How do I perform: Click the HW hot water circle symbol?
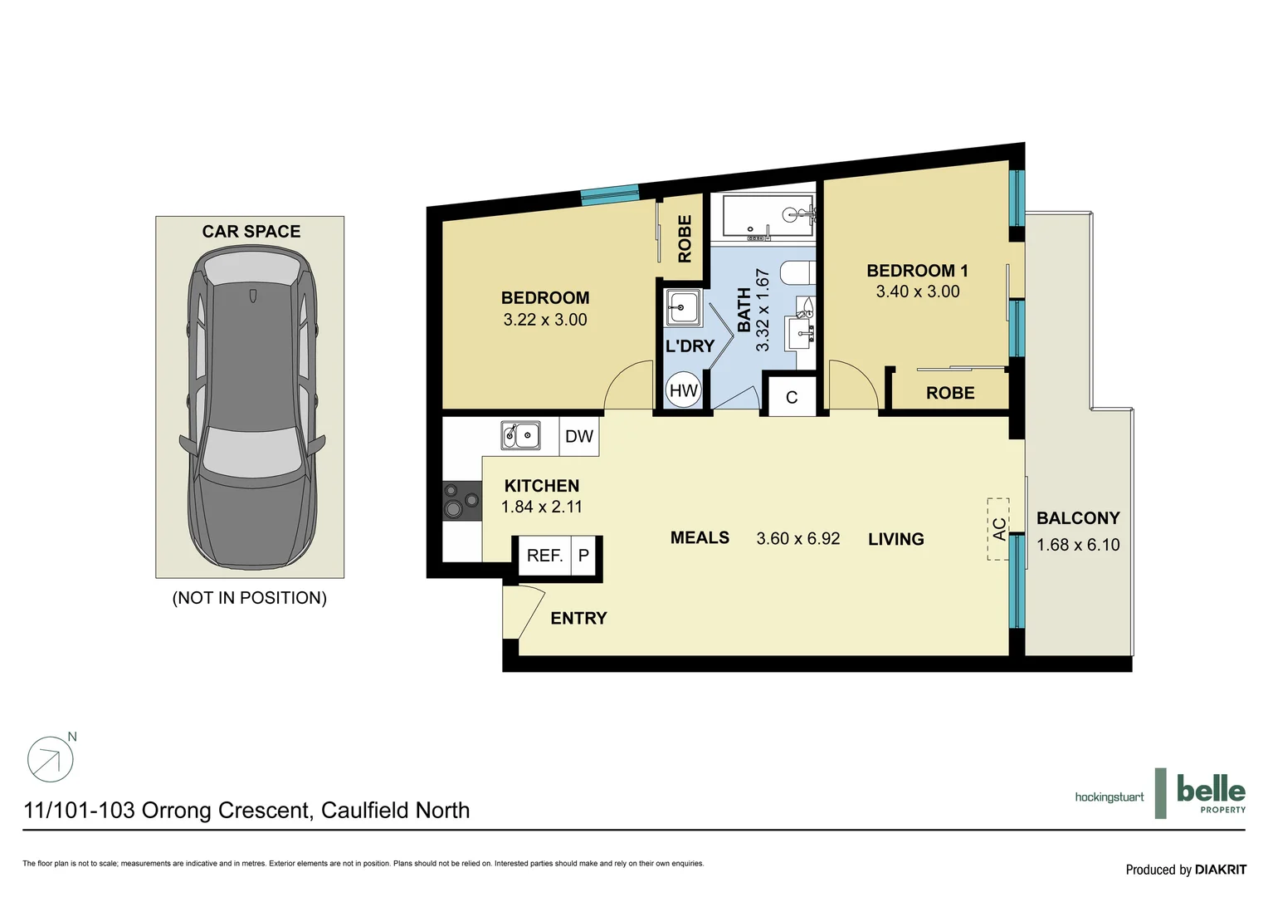pyautogui.click(x=683, y=390)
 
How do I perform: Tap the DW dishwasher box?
pyautogui.click(x=578, y=437)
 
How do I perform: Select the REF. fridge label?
pyautogui.click(x=544, y=556)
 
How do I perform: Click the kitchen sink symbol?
pyautogui.click(x=520, y=435)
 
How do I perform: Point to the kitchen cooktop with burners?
pyautogui.click(x=461, y=501)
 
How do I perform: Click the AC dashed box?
pyautogui.click(x=997, y=529)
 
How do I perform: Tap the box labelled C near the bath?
pyautogui.click(x=791, y=397)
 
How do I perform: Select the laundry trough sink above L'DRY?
pyautogui.click(x=683, y=308)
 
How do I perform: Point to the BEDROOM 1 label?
pyautogui.click(x=917, y=271)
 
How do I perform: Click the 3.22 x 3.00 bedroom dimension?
pyautogui.click(x=544, y=320)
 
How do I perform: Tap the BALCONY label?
pyautogui.click(x=1078, y=518)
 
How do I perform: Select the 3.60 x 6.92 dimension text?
pyautogui.click(x=797, y=539)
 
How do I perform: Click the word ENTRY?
pyautogui.click(x=578, y=618)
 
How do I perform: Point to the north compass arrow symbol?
pyautogui.click(x=51, y=759)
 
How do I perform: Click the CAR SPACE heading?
pyautogui.click(x=251, y=232)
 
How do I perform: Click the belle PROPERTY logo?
pyautogui.click(x=1210, y=793)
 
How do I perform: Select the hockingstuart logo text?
pyautogui.click(x=1109, y=797)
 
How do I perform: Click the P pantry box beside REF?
pyautogui.click(x=583, y=556)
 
